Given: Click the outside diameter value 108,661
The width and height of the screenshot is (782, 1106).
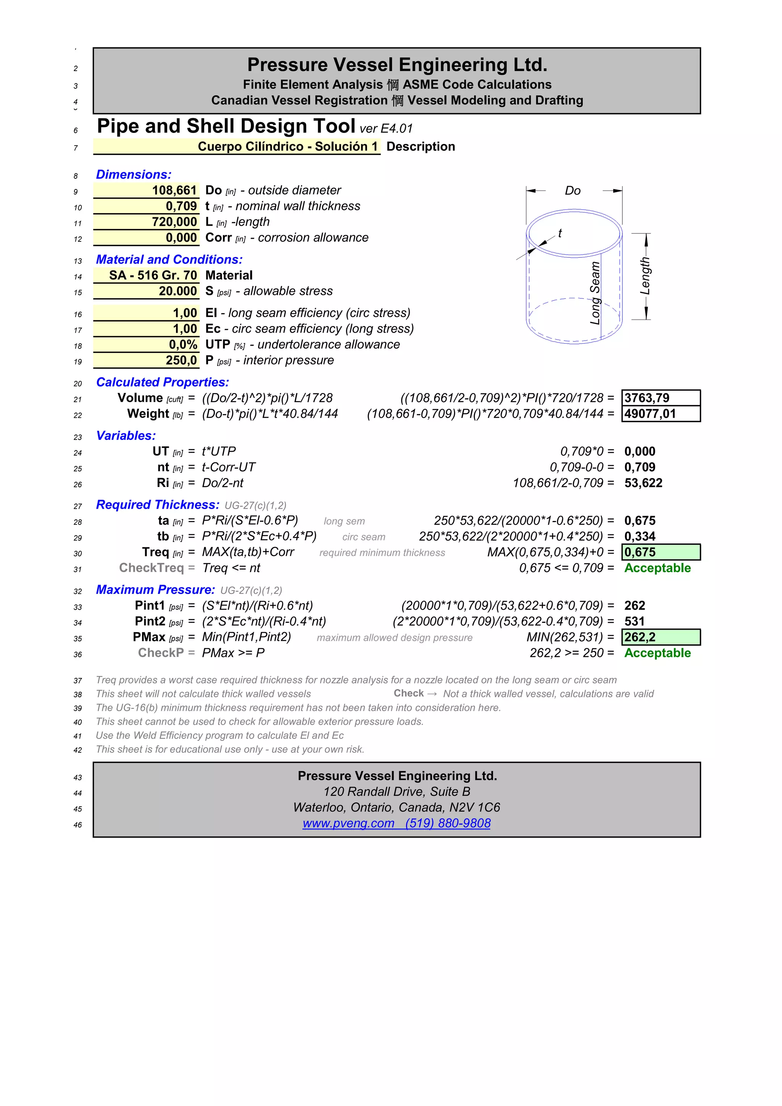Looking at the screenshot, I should point(174,190).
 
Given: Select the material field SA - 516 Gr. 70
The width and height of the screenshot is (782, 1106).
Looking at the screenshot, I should point(153,275).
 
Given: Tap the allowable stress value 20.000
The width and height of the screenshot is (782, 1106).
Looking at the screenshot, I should point(178,291).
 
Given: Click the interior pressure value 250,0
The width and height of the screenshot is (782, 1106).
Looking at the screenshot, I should point(181,360).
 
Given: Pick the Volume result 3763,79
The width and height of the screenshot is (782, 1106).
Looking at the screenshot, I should point(647,398).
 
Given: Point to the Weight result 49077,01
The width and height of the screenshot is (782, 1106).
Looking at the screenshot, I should point(650,414).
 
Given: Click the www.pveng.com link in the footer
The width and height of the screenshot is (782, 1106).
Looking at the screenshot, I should point(348,823).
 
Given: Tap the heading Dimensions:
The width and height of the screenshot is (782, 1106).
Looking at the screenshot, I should point(133,175).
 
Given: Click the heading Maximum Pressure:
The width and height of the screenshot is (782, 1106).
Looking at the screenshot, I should point(155,590).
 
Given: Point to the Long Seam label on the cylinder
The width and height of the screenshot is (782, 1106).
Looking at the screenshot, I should point(595,293).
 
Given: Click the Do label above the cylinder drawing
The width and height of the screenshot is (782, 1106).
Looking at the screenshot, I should point(572,191).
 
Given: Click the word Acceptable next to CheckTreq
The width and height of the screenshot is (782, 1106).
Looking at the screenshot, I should point(657,568).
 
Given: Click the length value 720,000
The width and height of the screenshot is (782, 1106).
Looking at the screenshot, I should point(174,222).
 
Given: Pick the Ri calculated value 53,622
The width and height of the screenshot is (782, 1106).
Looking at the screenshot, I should point(643,483).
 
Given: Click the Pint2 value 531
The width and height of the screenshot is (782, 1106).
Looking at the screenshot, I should point(634,621).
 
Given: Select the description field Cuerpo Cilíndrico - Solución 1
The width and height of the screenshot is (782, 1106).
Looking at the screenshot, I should point(288,146).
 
